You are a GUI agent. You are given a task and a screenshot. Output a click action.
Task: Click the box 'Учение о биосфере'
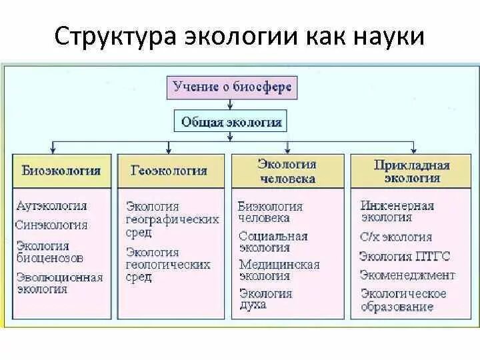pyautogui.click(x=231, y=87)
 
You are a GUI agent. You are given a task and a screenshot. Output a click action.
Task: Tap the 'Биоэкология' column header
pyautogui.click(x=61, y=171)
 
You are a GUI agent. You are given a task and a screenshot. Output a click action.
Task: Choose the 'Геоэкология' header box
pyautogui.click(x=173, y=171)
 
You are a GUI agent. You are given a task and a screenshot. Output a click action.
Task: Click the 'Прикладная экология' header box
pyautogui.click(x=411, y=171)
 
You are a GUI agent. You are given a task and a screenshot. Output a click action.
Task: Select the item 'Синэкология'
pyautogui.click(x=51, y=225)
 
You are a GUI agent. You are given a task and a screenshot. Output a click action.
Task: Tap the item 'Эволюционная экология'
pyautogui.click(x=59, y=283)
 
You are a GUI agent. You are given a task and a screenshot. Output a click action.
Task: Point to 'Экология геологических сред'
pyautogui.click(x=167, y=265)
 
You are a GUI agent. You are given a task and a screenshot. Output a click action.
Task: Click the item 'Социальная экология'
pyautogui.click(x=273, y=242)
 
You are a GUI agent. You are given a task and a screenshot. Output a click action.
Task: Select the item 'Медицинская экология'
pyautogui.click(x=279, y=270)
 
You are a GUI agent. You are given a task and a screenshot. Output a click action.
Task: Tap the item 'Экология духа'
pyautogui.click(x=265, y=299)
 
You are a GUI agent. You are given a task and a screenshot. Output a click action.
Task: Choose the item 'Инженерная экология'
pyautogui.click(x=397, y=211)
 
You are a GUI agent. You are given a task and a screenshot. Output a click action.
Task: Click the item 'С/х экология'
pyautogui.click(x=396, y=237)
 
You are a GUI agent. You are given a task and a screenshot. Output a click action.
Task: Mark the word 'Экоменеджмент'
pyautogui.click(x=407, y=275)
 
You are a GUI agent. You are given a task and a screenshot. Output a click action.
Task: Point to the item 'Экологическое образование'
pyautogui.click(x=403, y=300)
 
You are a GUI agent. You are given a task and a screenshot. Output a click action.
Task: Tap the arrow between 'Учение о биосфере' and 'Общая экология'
pyautogui.click(x=231, y=104)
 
